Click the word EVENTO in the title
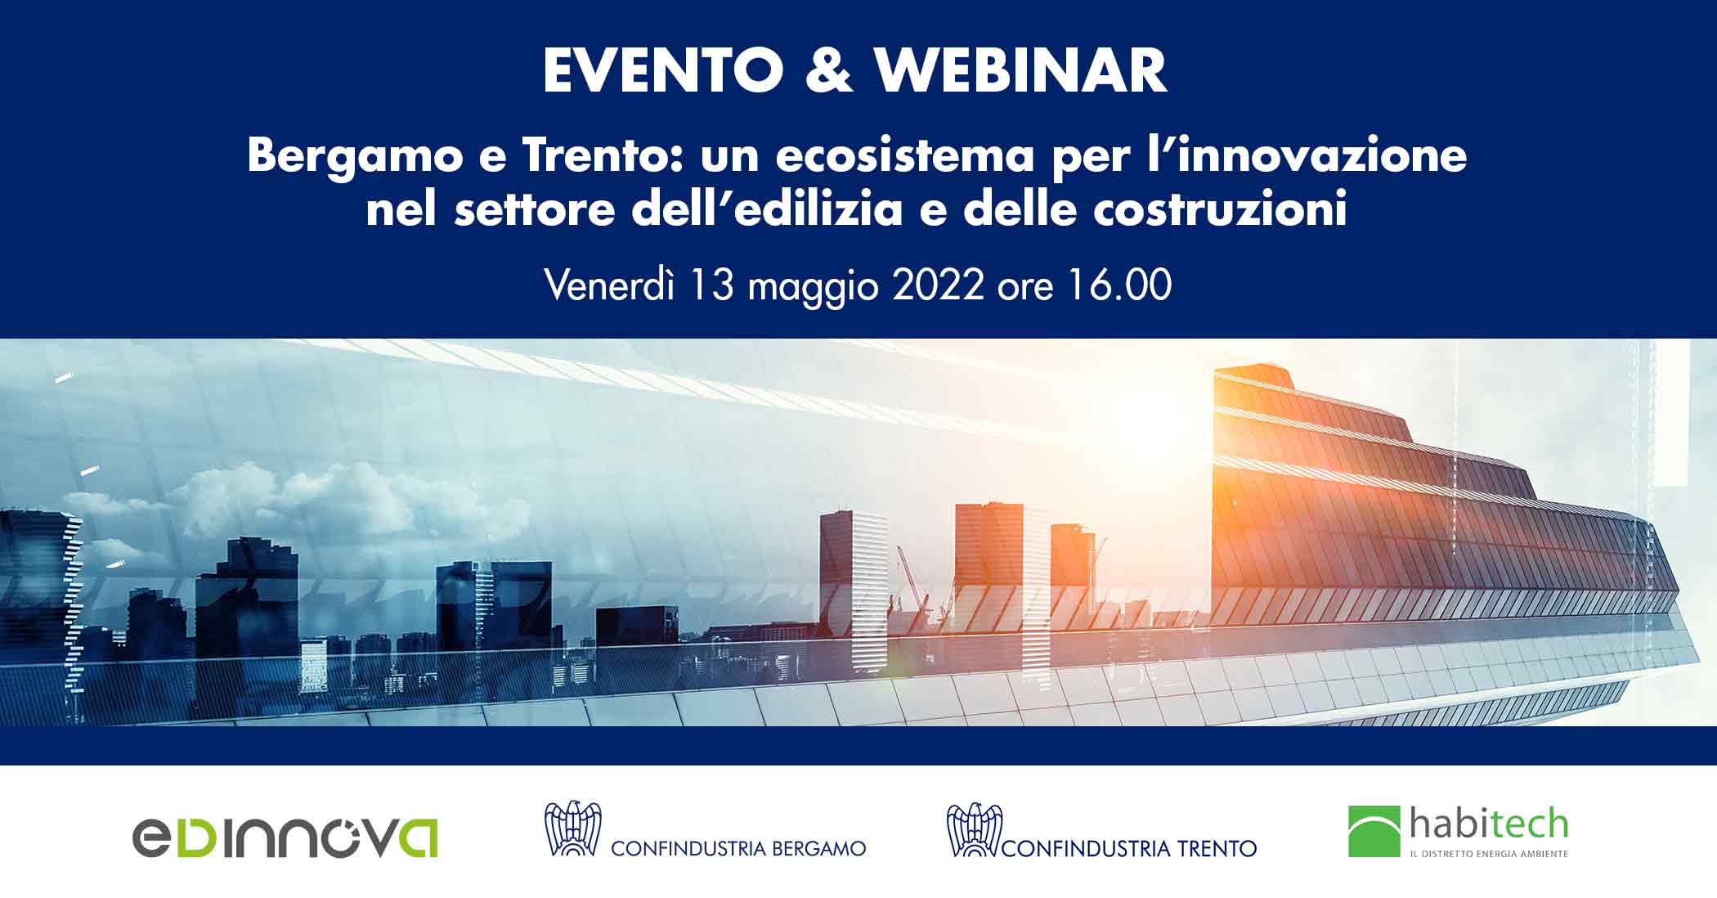(x=663, y=71)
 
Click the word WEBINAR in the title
(x=1021, y=71)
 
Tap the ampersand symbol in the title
(x=829, y=71)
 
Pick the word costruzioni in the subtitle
(x=1219, y=209)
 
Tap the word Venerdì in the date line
(x=609, y=285)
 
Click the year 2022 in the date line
(x=937, y=285)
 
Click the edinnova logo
(x=285, y=837)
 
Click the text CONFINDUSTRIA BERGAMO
(x=738, y=848)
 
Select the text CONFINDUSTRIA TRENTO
(x=1129, y=848)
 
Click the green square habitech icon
(x=1374, y=832)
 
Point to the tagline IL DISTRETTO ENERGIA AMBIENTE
(x=1488, y=854)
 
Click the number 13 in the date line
(x=711, y=285)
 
